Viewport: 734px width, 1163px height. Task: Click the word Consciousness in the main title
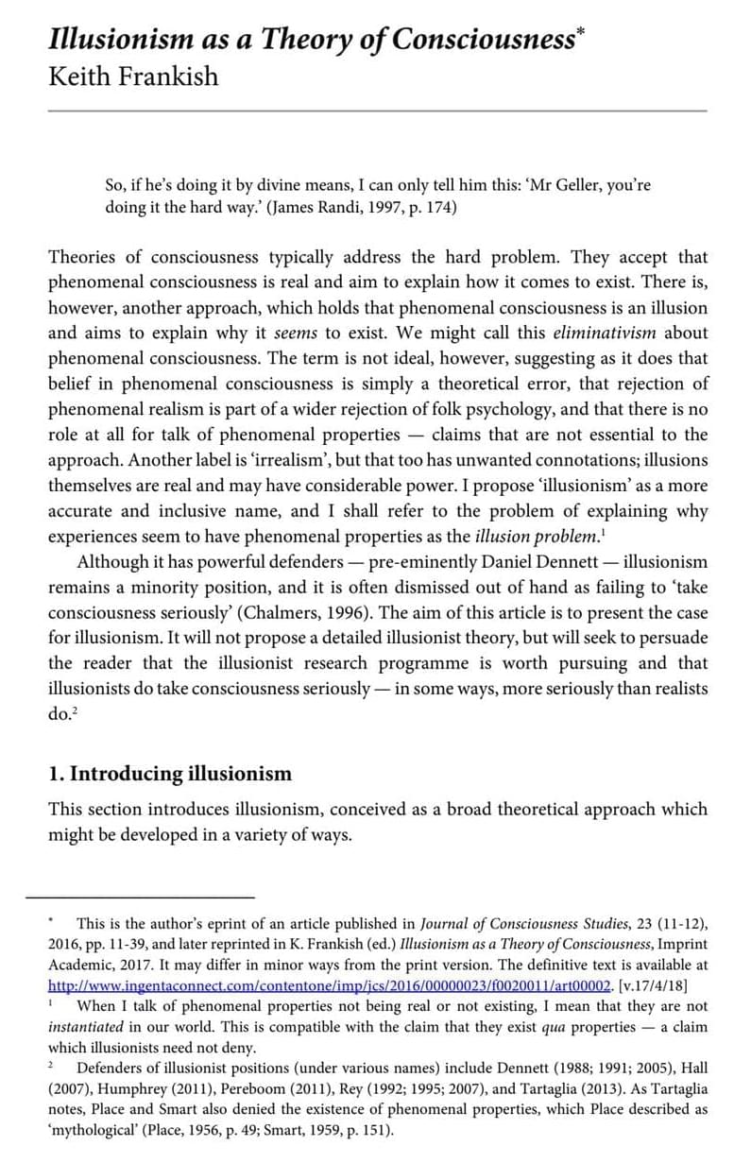(483, 41)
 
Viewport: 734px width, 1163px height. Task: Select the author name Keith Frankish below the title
(133, 76)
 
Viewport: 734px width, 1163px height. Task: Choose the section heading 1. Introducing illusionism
(170, 774)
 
